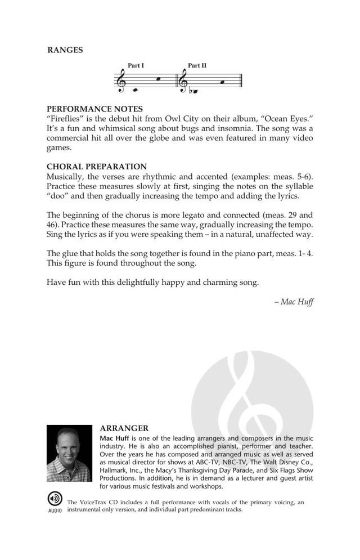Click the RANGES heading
65,50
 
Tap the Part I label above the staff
136,66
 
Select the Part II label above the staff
197,66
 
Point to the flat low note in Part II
195,91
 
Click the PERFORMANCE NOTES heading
94,109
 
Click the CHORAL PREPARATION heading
97,167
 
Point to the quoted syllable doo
57,196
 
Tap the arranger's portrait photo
69,453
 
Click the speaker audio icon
55,499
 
